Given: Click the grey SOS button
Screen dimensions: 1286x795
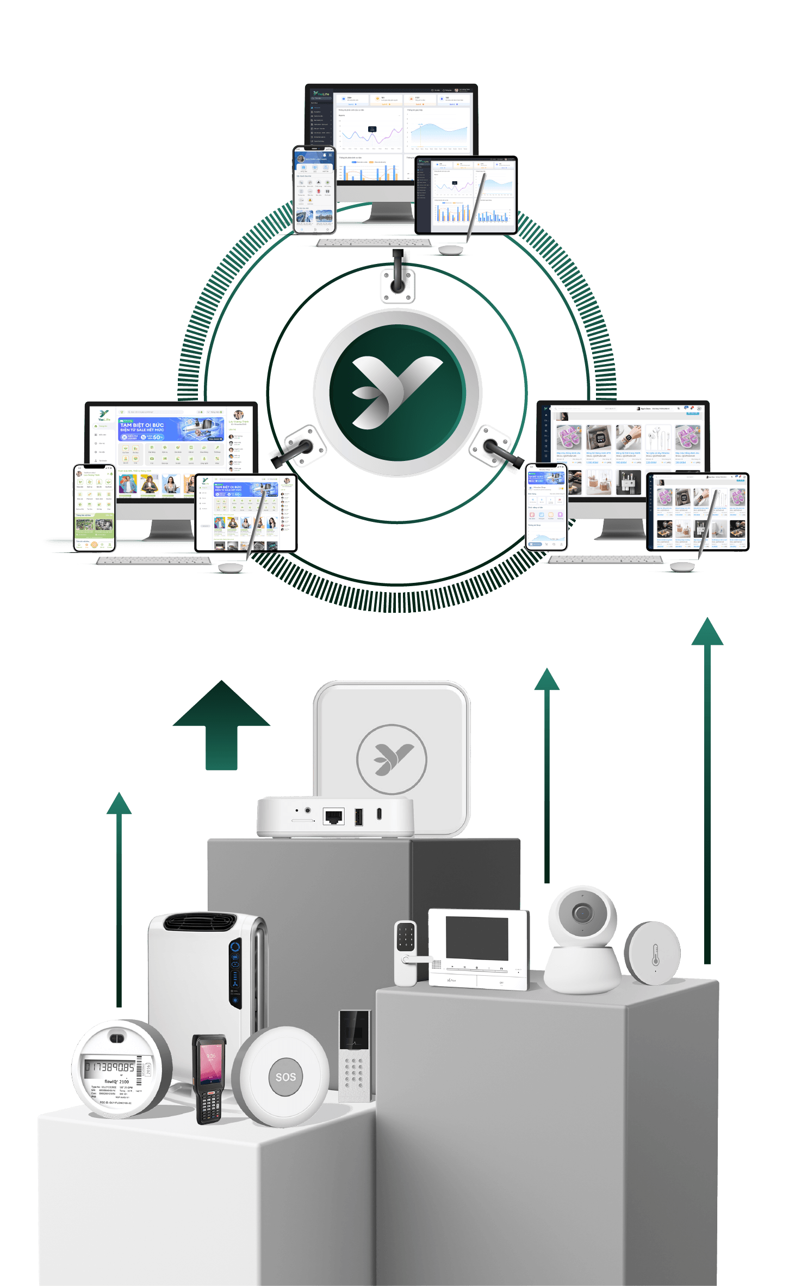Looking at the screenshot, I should coord(285,1076).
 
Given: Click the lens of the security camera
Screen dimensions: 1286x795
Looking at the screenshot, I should coord(582,913).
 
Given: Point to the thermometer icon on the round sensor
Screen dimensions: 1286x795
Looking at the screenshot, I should coord(655,954).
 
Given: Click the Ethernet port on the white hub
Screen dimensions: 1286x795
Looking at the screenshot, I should coord(333,816).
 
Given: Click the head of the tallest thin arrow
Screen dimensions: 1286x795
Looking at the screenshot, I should coord(707,631).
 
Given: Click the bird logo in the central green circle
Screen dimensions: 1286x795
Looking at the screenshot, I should coord(397,392).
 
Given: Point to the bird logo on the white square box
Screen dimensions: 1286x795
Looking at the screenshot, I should coord(392,758).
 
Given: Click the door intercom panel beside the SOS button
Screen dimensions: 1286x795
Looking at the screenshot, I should coord(355,1056).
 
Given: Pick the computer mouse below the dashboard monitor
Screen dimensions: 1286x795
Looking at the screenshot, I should coord(451,249).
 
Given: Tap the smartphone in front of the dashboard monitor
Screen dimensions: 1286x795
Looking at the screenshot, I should coord(315,190).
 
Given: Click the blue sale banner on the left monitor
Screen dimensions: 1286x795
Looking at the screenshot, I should coord(171,429).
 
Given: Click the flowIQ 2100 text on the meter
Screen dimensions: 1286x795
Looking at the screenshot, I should coord(116,1081).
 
